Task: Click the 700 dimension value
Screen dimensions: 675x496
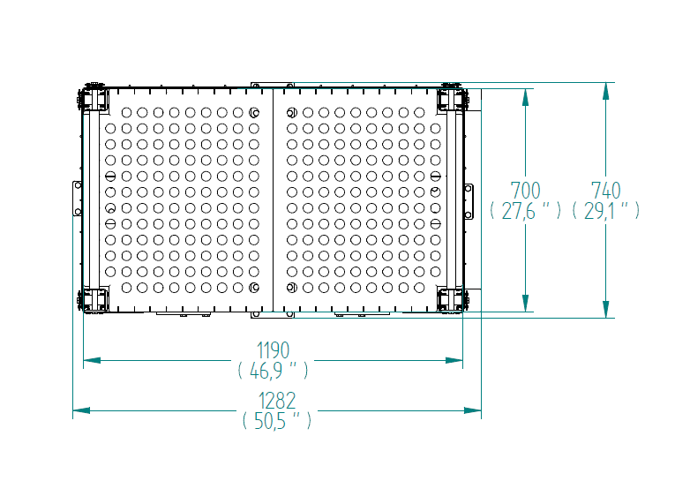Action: coord(525,191)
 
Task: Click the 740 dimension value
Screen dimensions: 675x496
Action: coord(605,191)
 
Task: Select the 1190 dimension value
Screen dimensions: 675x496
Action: coord(273,350)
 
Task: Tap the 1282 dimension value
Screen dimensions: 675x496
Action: coord(277,401)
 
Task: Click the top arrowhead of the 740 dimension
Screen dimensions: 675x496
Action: coord(605,90)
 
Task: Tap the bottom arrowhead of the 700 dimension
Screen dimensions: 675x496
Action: coord(525,303)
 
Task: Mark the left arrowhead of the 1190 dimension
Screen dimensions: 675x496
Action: coord(92,360)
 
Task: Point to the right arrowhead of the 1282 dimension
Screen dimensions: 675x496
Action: coord(473,410)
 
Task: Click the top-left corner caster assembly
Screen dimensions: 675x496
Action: coord(93,98)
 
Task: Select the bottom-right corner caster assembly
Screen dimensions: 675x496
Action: coord(452,300)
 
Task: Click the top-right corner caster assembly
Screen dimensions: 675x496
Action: coord(452,98)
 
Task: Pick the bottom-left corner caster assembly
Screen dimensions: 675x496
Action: coord(93,300)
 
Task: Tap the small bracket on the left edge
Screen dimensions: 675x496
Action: coord(77,199)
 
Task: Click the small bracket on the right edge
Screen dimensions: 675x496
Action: coord(469,201)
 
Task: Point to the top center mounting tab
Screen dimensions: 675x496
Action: coord(273,86)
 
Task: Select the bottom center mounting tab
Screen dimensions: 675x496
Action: coord(273,315)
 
